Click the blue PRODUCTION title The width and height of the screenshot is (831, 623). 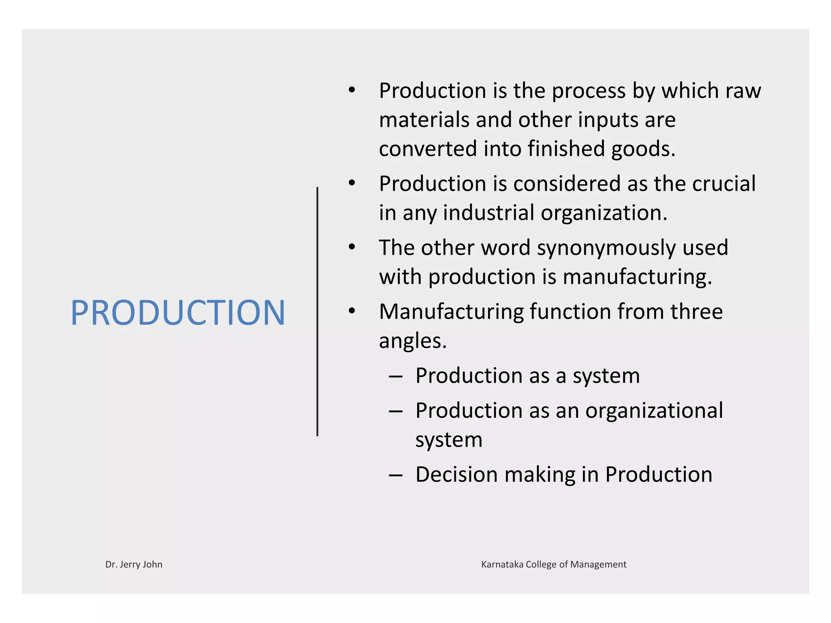pos(178,312)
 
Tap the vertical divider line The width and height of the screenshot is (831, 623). pos(317,311)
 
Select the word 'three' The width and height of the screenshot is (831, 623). pos(696,311)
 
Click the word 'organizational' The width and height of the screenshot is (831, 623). pos(654,410)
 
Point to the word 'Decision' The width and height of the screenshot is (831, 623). pos(456,475)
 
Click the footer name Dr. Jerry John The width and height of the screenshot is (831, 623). pos(134,564)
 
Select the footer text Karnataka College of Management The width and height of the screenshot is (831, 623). pos(553,564)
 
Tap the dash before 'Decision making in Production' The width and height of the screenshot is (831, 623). pos(396,475)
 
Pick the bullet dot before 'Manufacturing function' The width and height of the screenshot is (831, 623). pos(352,311)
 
